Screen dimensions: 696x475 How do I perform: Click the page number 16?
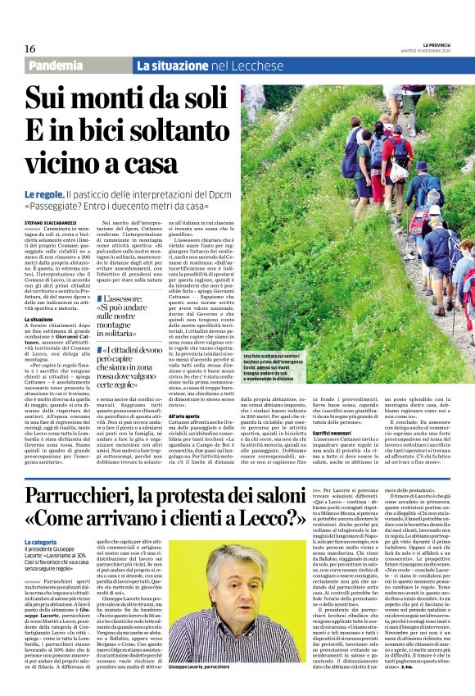pos(31,48)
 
